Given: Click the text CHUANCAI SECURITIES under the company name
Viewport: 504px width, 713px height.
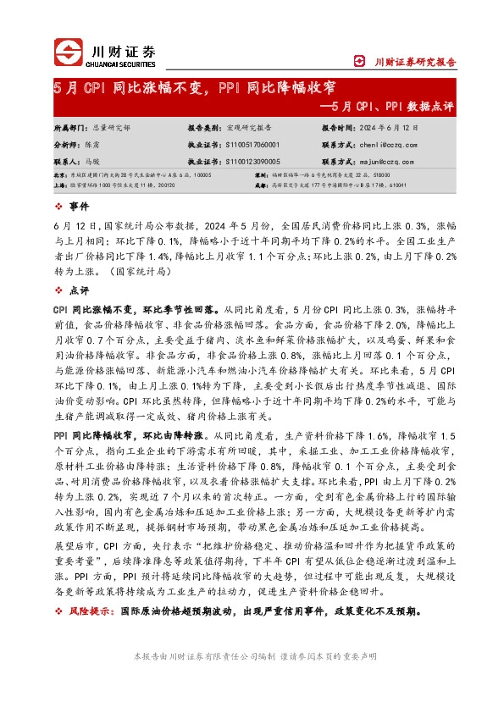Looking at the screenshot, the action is coord(124,61).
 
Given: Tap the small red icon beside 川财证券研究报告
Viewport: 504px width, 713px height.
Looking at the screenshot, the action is coord(358,61).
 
